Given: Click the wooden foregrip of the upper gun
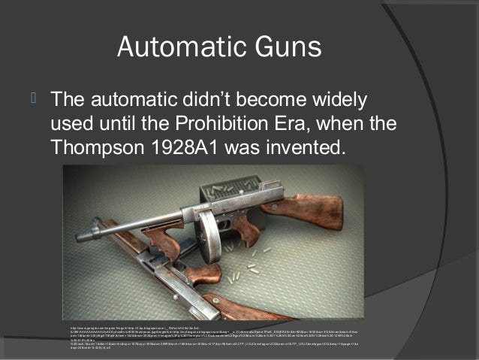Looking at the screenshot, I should [161, 239].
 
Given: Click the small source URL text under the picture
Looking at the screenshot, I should [225, 334].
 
